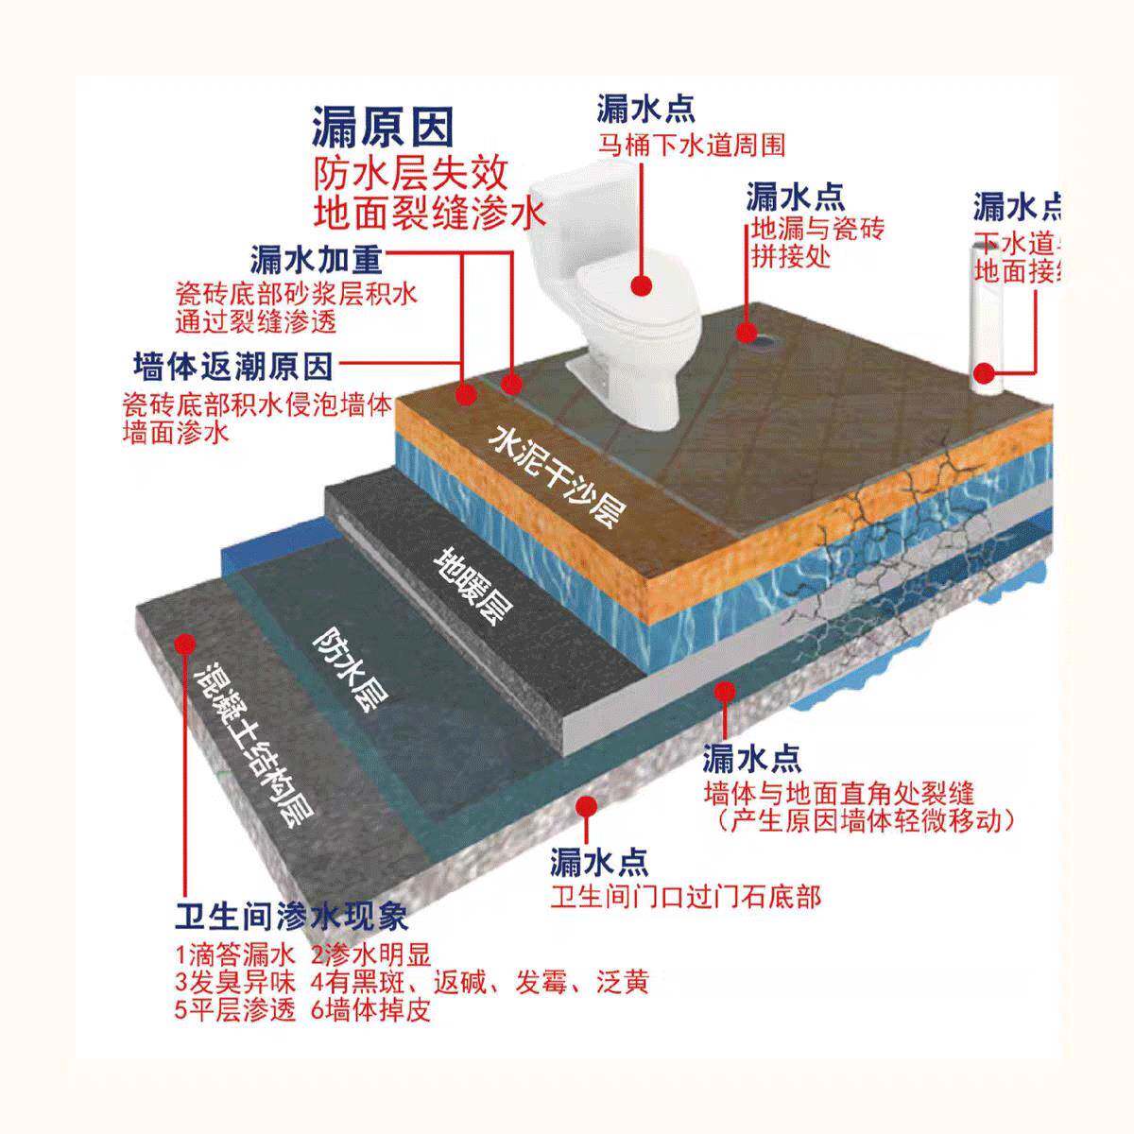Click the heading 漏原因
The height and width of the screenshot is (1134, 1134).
383,127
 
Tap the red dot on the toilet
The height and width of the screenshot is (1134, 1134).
644,283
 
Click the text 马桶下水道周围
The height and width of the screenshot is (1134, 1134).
691,146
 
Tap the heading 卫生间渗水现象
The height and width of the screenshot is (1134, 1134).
291,917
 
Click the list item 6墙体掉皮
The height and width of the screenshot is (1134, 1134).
370,1010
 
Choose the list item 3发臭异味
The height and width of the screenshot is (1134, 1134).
234,982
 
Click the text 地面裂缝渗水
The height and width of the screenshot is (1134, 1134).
430,213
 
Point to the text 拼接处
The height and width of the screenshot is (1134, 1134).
790,256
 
